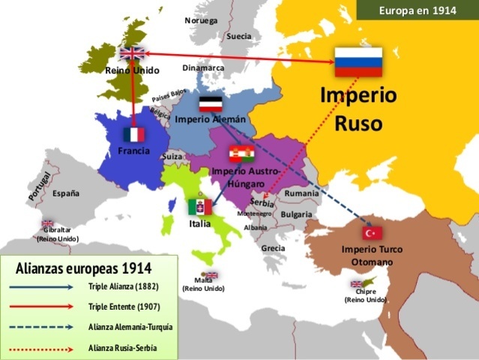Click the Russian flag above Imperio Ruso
pos(358,61)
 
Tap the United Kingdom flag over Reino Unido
pos(132,53)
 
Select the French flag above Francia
pos(133,134)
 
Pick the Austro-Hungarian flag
pos(241,154)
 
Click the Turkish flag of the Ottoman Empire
pos(373,232)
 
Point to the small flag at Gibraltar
pos(48,223)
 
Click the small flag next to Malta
pos(211,275)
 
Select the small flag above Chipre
pos(356,284)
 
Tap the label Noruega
pos(200,20)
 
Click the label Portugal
pos(39,184)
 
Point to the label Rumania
pos(302,193)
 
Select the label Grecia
pos(274,247)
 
